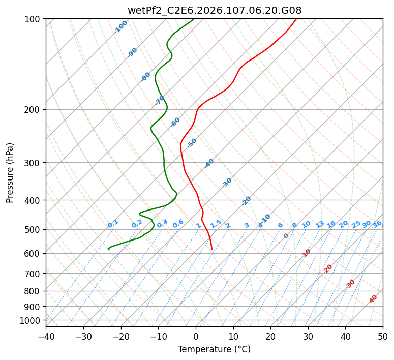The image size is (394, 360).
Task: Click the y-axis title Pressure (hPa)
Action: point(10,172)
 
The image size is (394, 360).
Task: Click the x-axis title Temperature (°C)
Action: point(214,349)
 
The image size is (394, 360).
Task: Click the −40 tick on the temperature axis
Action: point(46,336)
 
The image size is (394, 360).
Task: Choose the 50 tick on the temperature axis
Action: point(383,336)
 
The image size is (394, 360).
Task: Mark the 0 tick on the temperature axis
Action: point(196,336)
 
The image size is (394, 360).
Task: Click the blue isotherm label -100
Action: point(120,27)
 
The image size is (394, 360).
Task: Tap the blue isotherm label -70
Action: point(160,100)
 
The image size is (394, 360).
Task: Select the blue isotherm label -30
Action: point(227,183)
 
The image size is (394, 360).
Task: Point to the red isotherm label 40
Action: point(373,299)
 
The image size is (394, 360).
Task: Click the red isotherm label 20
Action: point(328,268)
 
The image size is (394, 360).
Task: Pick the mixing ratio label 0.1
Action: point(113,224)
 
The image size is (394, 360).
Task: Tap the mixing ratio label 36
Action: point(377,224)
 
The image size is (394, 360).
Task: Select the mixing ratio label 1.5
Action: point(216,224)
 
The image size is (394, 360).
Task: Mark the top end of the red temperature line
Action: point(296,19)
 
